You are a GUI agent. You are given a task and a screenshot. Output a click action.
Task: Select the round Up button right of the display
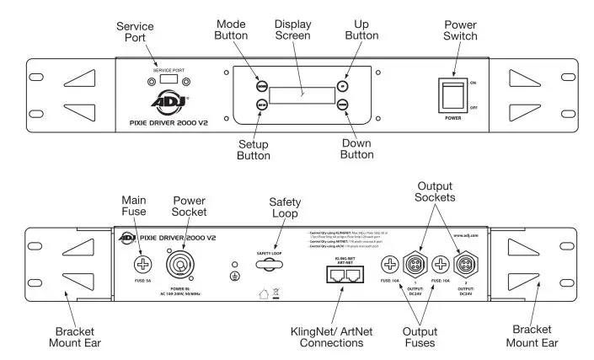click(x=341, y=86)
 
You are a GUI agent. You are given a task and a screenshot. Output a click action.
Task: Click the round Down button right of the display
click(x=341, y=105)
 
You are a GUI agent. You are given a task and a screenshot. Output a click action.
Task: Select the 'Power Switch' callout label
click(x=462, y=30)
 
